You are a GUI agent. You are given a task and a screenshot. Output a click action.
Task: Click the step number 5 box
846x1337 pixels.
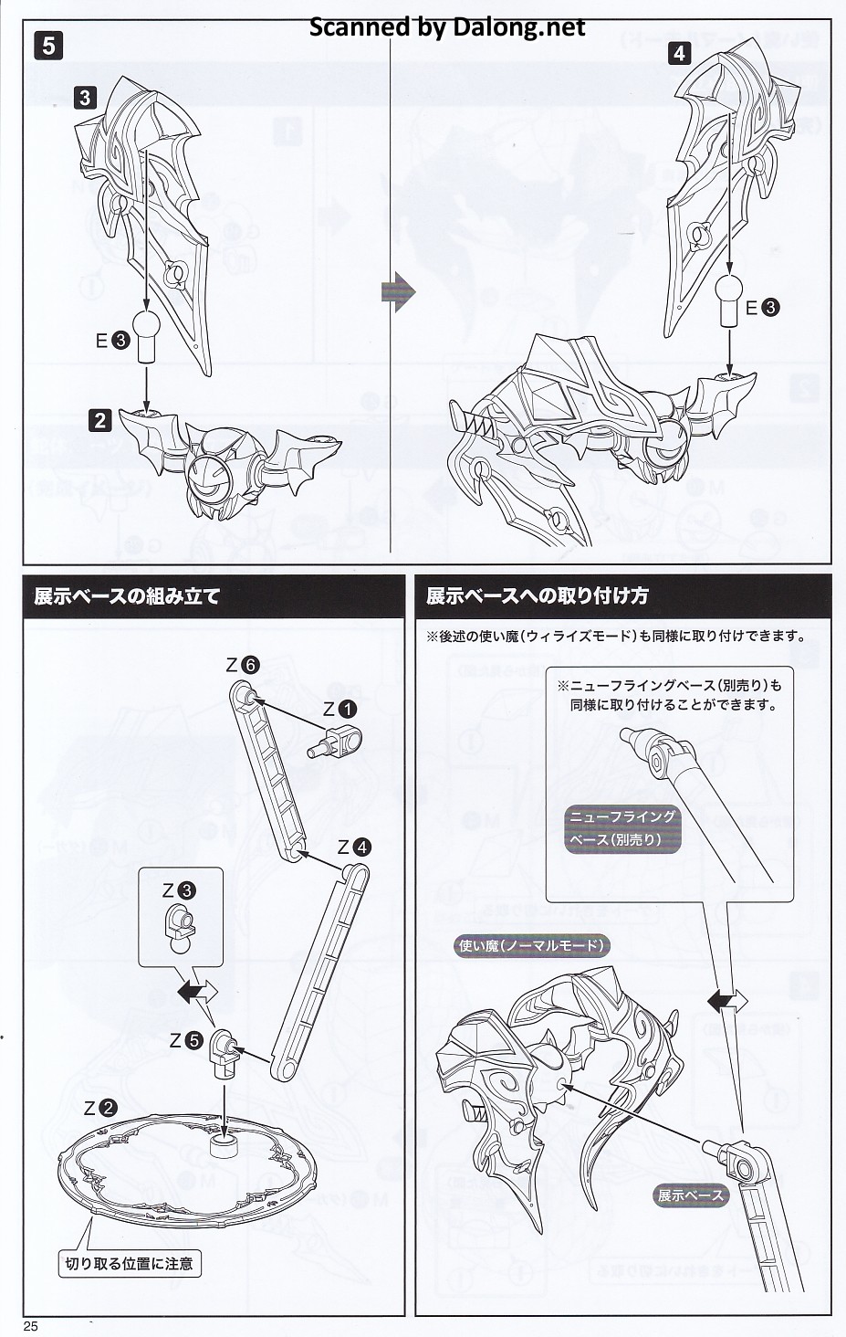49,46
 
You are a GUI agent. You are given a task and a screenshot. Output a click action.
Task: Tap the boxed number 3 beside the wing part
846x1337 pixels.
85,98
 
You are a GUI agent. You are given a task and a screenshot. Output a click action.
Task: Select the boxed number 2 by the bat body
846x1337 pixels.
99,421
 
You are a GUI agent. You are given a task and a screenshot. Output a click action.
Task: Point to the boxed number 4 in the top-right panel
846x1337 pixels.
679,54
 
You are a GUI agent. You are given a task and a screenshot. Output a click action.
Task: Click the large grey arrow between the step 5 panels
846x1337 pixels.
398,291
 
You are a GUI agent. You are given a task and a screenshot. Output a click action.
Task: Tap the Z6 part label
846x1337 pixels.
242,665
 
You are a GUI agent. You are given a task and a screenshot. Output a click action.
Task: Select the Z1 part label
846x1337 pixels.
339,709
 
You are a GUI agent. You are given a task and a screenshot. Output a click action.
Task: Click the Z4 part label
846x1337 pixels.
354,847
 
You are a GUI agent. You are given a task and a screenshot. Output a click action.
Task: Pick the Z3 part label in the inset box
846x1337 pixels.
178,890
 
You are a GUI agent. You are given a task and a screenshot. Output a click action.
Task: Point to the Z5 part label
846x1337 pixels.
186,1040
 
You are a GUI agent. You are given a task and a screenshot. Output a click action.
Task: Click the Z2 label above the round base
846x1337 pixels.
100,1109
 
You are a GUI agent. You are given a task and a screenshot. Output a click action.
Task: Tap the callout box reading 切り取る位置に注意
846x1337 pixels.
130,1264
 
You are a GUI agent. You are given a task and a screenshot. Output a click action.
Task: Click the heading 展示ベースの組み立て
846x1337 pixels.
127,596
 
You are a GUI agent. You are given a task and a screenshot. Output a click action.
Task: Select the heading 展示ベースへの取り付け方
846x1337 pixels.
537,595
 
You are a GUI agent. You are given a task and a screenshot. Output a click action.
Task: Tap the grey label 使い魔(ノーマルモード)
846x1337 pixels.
531,945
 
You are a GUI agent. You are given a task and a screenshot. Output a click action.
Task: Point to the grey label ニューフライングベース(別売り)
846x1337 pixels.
622,828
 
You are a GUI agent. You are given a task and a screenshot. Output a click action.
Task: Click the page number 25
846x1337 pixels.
31,1326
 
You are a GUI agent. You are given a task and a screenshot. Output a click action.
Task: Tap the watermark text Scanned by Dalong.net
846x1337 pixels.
447,26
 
